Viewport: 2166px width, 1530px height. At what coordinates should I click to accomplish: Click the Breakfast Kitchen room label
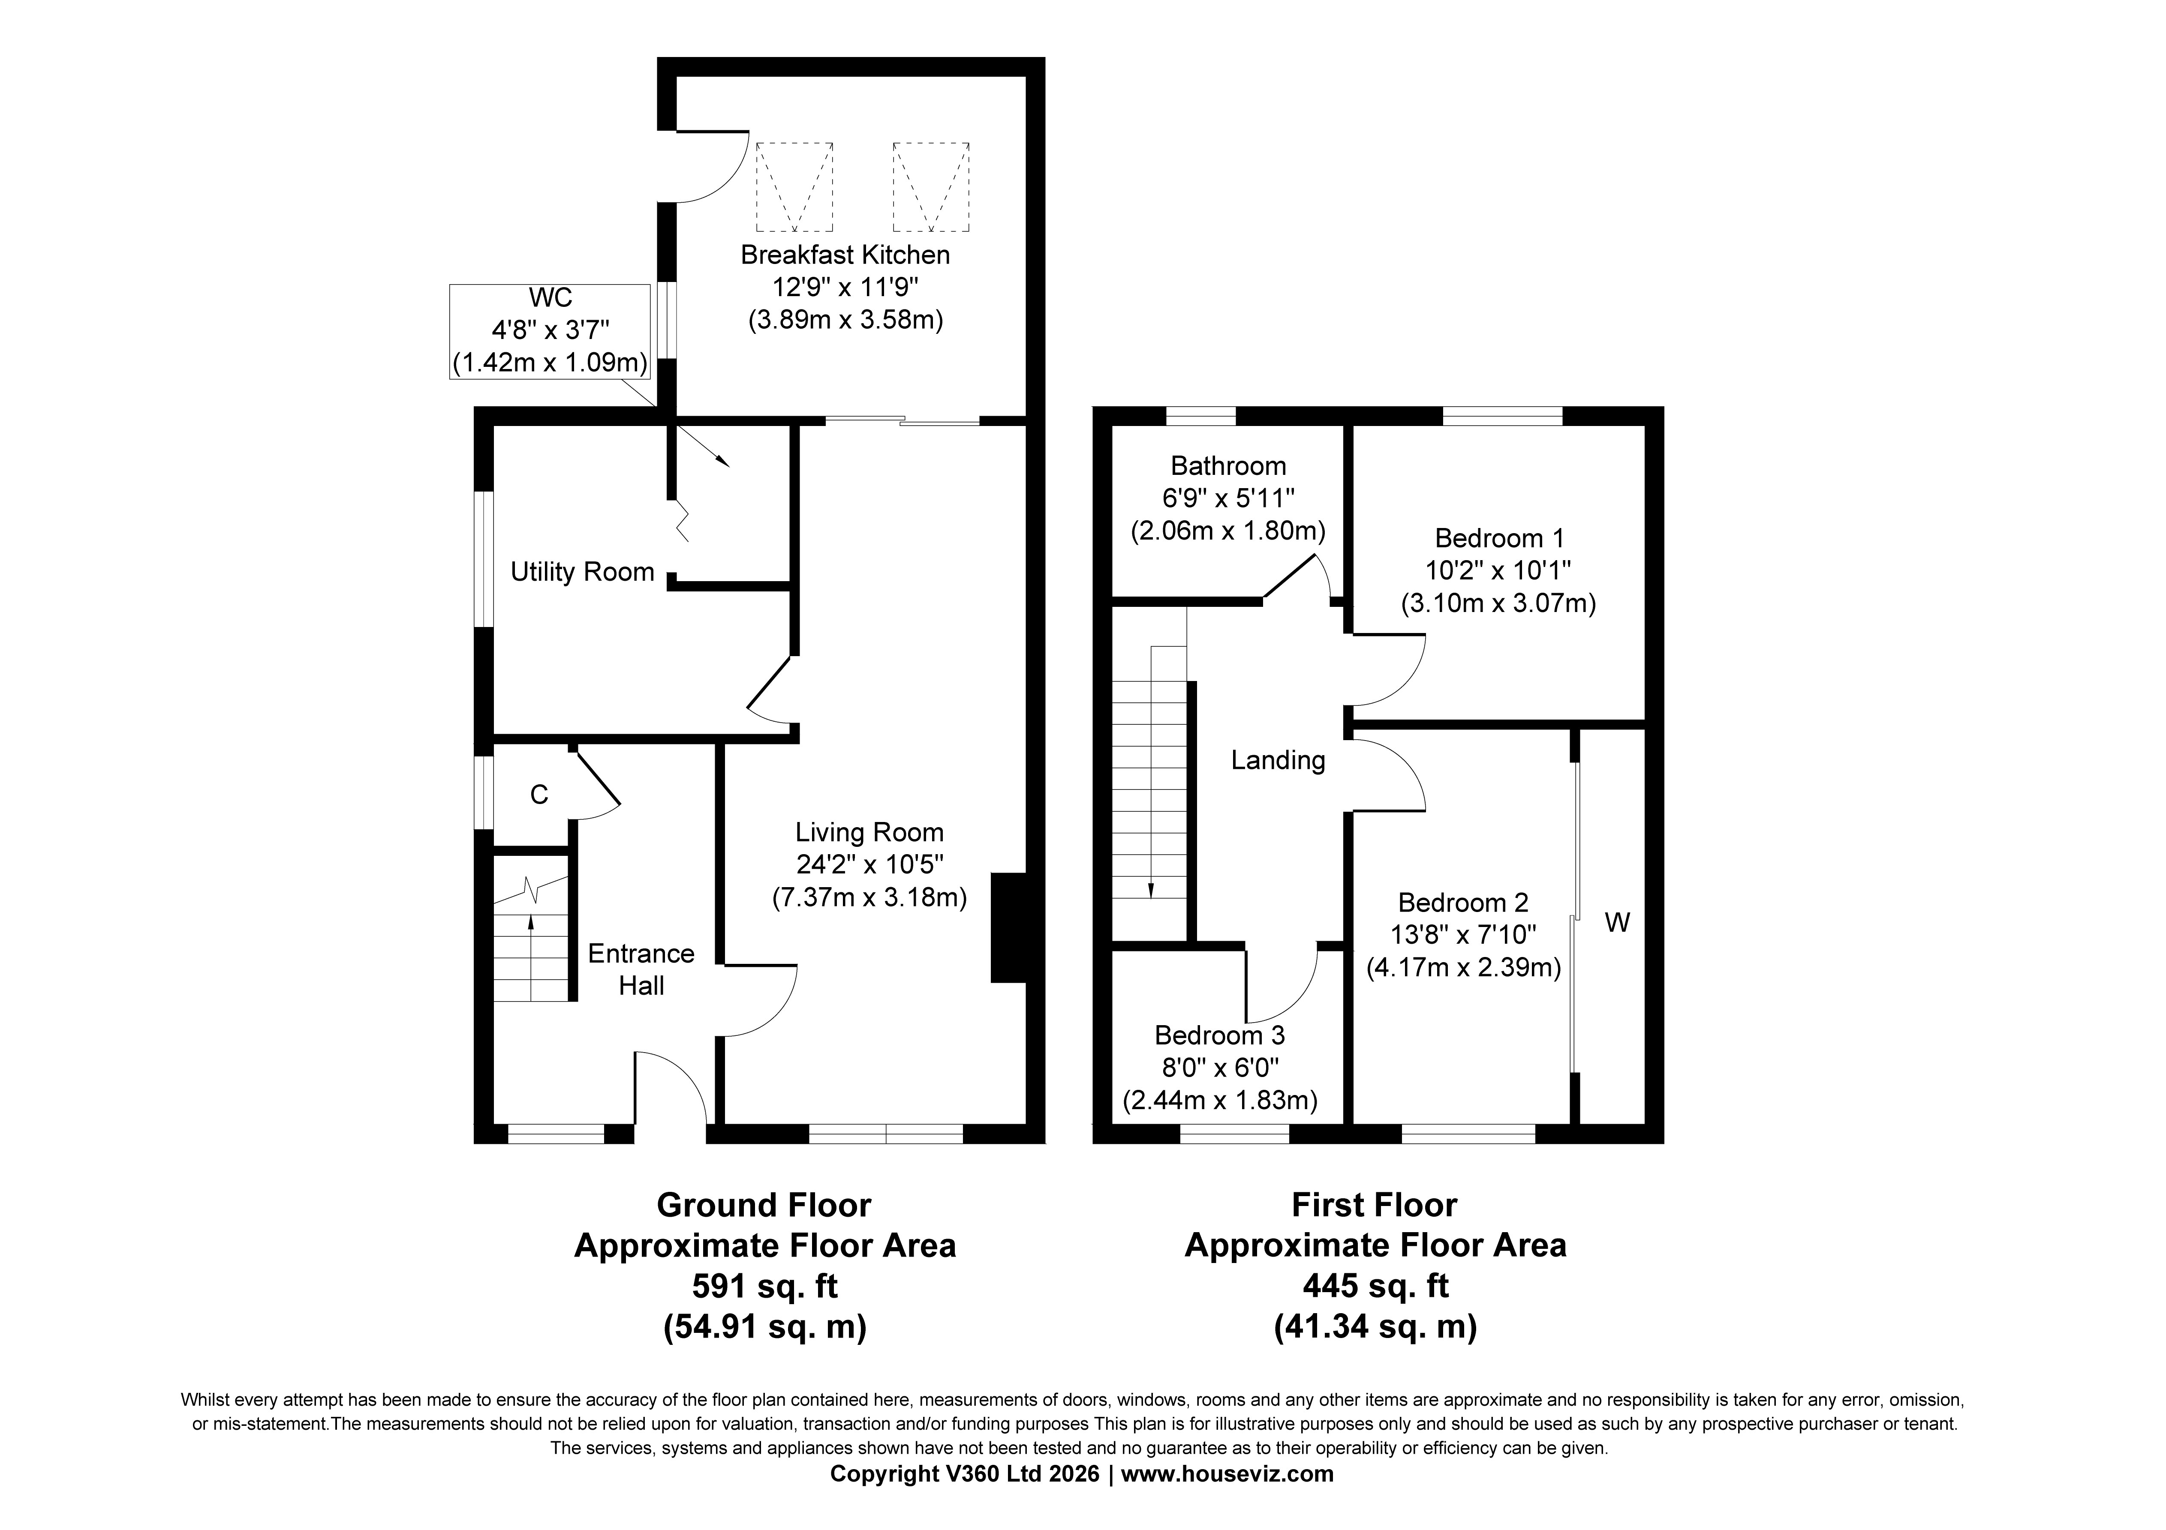[x=845, y=255]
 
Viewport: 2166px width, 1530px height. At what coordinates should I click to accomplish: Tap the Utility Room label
[x=582, y=572]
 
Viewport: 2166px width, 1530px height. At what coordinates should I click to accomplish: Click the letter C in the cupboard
[x=538, y=795]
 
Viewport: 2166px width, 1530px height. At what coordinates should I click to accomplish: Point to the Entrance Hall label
[x=641, y=970]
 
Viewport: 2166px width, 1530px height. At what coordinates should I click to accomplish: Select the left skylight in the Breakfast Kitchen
[x=794, y=187]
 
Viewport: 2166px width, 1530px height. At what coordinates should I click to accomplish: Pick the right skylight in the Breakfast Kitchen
[x=931, y=187]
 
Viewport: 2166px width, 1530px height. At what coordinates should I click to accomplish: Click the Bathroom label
[x=1228, y=466]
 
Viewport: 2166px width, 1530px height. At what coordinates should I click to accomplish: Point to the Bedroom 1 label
[x=1499, y=539]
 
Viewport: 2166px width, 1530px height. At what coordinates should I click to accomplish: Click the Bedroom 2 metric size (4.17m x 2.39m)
[x=1463, y=968]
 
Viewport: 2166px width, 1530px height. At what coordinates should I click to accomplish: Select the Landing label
[x=1278, y=760]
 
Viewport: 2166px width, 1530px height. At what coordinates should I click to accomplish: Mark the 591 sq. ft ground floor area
[x=765, y=1286]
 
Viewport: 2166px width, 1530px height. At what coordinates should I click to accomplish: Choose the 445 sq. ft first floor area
[x=1375, y=1286]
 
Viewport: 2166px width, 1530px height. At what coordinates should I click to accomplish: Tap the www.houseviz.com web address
[x=1227, y=1473]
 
